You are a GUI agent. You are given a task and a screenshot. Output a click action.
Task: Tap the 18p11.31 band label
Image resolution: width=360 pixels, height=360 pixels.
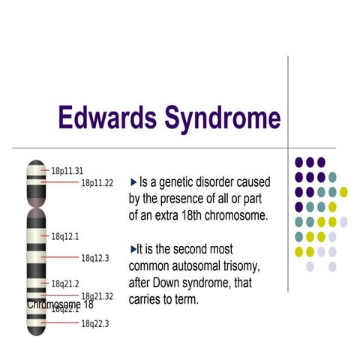67,171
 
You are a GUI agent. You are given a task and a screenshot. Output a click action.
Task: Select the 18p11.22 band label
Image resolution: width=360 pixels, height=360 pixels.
97,183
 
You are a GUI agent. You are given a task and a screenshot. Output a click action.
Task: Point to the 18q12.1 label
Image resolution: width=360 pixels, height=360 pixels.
65,236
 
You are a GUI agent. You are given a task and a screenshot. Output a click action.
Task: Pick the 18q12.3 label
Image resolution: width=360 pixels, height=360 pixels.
95,258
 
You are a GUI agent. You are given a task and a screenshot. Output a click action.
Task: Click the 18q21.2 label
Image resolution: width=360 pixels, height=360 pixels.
65,283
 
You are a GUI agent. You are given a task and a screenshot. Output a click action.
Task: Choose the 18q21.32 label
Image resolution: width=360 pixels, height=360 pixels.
97,296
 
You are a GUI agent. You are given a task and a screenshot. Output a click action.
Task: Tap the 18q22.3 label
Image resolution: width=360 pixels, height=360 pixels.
95,323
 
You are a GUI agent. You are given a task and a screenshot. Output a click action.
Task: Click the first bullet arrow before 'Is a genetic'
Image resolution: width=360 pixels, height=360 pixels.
133,182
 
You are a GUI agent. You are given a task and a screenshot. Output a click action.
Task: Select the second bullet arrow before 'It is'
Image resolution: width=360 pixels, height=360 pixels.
133,248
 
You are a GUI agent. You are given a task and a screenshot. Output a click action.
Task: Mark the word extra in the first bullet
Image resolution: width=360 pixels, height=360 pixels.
160,216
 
